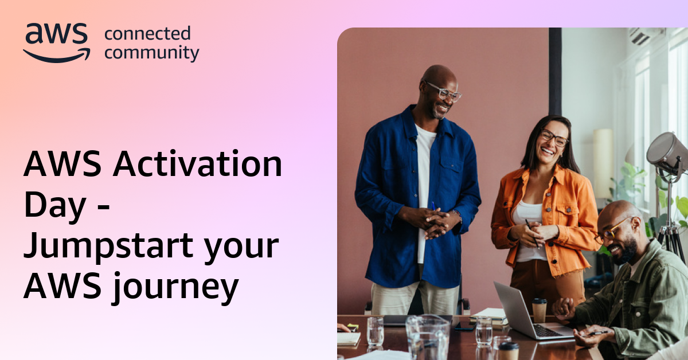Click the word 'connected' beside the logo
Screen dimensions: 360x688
click(147, 33)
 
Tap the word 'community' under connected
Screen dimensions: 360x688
click(151, 53)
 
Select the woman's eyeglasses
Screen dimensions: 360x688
click(554, 138)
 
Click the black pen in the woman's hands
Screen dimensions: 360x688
click(531, 233)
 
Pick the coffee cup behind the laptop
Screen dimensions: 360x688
click(539, 310)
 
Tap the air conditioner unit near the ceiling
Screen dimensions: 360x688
click(645, 36)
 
